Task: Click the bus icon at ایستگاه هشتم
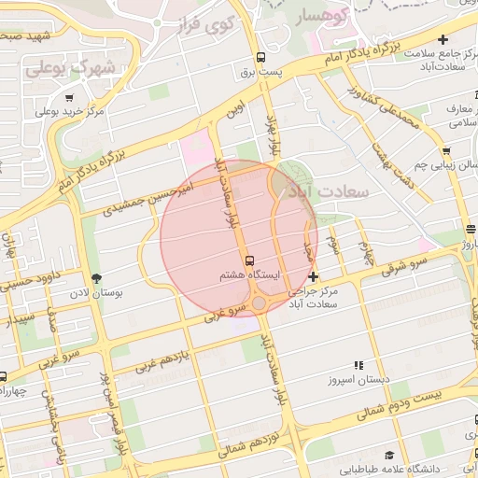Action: pyautogui.click(x=249, y=260)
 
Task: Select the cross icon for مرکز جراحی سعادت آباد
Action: pyautogui.click(x=313, y=276)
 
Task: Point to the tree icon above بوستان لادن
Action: pyautogui.click(x=96, y=277)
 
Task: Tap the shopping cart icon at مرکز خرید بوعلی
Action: pyautogui.click(x=70, y=97)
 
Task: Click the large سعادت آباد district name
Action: pyautogui.click(x=330, y=190)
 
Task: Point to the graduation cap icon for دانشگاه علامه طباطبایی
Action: pyautogui.click(x=388, y=455)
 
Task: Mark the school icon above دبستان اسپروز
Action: pyautogui.click(x=358, y=366)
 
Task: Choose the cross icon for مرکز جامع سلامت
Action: pyautogui.click(x=443, y=39)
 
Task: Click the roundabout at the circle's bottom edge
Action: pyautogui.click(x=258, y=303)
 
